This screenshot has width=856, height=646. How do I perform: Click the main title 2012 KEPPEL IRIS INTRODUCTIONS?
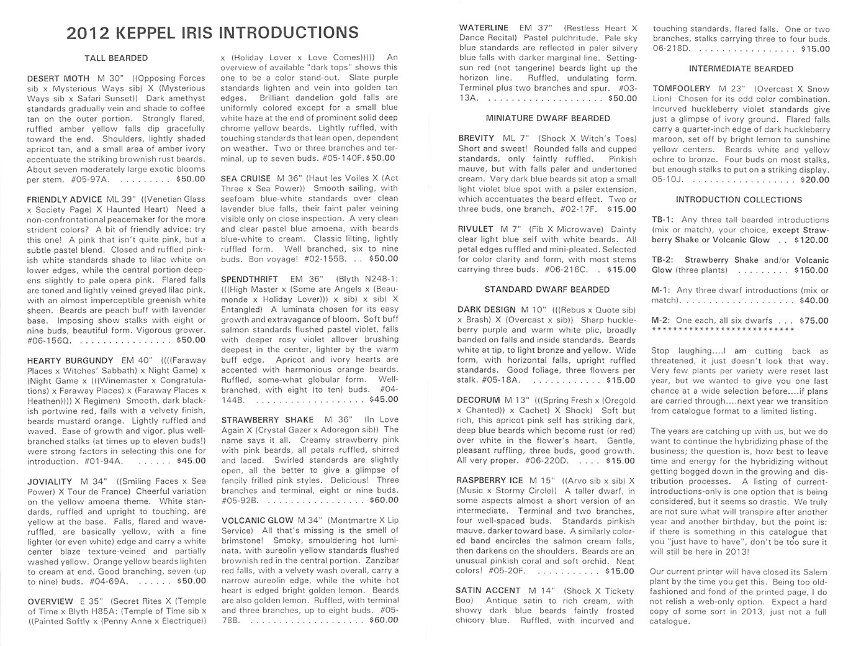(212, 33)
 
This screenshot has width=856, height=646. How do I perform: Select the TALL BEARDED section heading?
(116, 58)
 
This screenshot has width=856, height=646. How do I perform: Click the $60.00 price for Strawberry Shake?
(384, 500)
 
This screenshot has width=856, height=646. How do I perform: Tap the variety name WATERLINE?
(484, 28)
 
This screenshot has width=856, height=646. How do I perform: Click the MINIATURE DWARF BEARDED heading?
(547, 118)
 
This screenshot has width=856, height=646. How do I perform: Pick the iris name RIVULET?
(475, 229)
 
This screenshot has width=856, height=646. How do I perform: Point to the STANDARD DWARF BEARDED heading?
(547, 289)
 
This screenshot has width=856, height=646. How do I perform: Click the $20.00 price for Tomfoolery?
(814, 180)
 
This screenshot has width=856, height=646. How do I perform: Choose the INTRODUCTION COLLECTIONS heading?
(739, 200)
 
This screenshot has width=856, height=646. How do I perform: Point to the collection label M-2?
(660, 321)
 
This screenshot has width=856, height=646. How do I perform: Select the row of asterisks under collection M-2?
(723, 329)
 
